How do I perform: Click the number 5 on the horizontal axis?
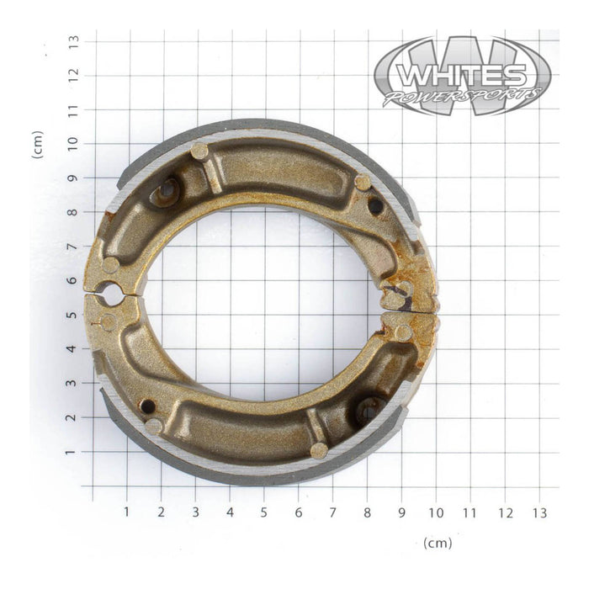263,512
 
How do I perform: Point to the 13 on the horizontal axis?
539,512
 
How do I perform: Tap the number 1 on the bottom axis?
126,512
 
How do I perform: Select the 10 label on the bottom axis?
435,512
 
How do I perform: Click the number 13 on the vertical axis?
74,40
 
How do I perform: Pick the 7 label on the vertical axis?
74,246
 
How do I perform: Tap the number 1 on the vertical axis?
74,452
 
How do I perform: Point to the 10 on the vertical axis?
74,143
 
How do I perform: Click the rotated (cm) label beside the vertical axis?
37,145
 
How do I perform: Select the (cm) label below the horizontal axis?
438,543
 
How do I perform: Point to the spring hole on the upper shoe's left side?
166,192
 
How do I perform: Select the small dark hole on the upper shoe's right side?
375,205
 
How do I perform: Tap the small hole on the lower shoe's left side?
147,406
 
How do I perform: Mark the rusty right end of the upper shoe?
412,286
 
